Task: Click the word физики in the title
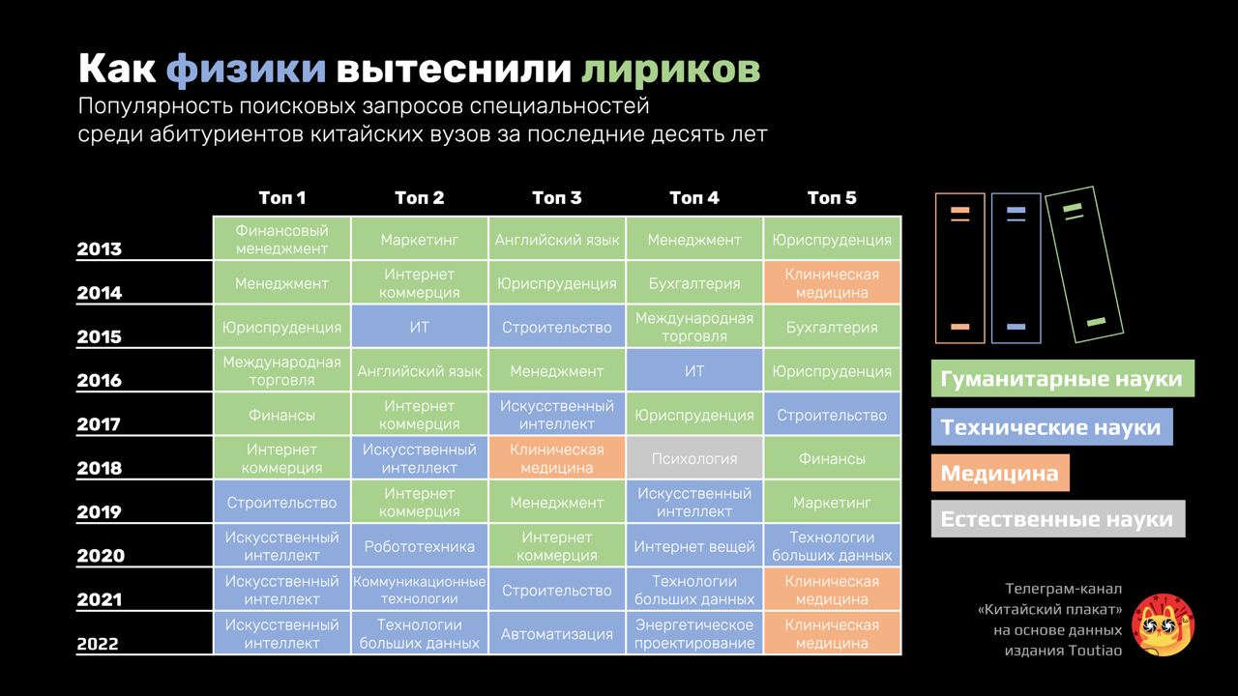tap(246, 70)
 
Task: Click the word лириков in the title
tap(670, 70)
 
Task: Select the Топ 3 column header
tap(557, 198)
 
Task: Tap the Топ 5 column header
tap(832, 198)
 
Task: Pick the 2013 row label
tap(100, 249)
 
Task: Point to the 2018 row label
tap(100, 469)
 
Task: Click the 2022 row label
tap(100, 644)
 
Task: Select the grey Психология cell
tap(694, 459)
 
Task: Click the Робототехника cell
tap(420, 547)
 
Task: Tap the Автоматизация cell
tap(557, 634)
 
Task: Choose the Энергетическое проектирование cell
tap(694, 634)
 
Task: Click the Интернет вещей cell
tap(694, 547)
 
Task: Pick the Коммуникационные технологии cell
tap(420, 591)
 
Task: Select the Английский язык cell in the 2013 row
tap(557, 240)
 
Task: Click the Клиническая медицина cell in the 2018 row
tap(557, 459)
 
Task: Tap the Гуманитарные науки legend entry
tap(1062, 378)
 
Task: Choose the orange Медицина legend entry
tap(1000, 474)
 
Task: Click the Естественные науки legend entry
tap(1057, 520)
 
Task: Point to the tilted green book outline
tap(1083, 263)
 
